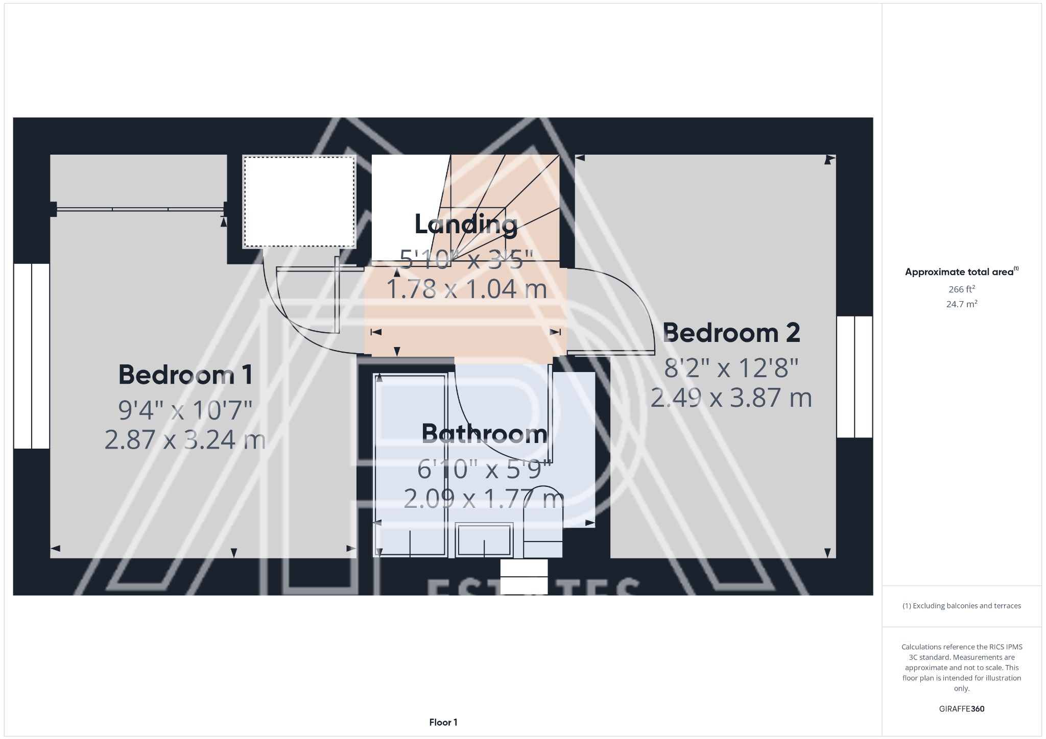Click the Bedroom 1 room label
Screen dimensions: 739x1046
(185, 375)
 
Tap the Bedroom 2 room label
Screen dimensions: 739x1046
(731, 333)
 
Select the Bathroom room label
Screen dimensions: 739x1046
(484, 434)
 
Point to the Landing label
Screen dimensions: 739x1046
(466, 224)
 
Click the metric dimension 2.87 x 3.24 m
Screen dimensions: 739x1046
(185, 439)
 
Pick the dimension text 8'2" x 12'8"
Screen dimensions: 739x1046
(731, 367)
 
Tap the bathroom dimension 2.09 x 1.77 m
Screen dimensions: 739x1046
(484, 499)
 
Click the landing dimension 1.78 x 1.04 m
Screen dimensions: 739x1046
(466, 289)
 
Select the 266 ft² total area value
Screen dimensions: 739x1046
(962, 289)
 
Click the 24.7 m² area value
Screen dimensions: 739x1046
(962, 304)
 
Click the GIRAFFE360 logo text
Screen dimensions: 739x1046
(961, 708)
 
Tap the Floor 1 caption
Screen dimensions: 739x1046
(443, 722)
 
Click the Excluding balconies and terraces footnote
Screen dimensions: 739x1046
(961, 606)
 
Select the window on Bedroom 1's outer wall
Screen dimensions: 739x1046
(31, 356)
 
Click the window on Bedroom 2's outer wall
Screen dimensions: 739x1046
(854, 377)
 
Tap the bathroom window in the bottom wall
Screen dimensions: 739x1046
(524, 576)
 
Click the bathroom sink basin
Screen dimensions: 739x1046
(484, 539)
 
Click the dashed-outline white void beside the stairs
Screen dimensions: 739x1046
(299, 202)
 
